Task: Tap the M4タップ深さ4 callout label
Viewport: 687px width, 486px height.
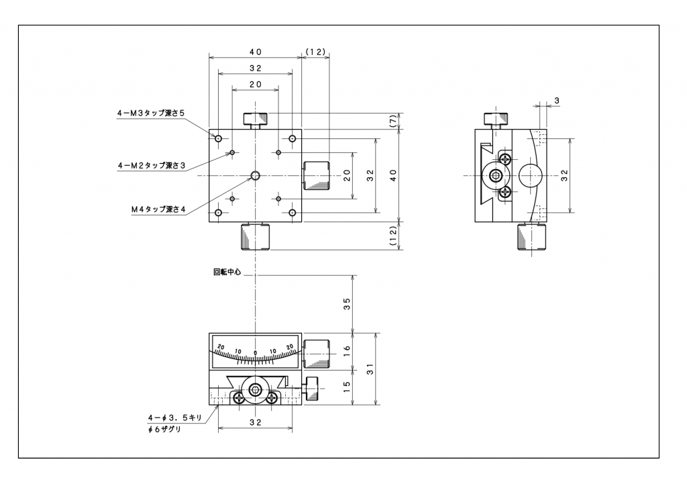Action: point(158,210)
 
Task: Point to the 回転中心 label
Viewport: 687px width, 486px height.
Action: point(227,273)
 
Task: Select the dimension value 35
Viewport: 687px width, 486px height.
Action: point(347,303)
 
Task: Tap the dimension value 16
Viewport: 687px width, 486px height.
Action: point(347,350)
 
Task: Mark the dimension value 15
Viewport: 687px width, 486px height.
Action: point(347,387)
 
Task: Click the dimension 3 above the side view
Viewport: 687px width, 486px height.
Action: point(557,100)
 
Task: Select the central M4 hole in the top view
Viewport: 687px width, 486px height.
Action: point(255,176)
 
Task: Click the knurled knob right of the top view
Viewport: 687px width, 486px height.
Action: point(317,176)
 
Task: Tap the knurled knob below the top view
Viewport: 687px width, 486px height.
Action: point(255,236)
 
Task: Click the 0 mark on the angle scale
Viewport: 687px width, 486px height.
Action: point(255,353)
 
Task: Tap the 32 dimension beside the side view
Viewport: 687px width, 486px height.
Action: point(565,176)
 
